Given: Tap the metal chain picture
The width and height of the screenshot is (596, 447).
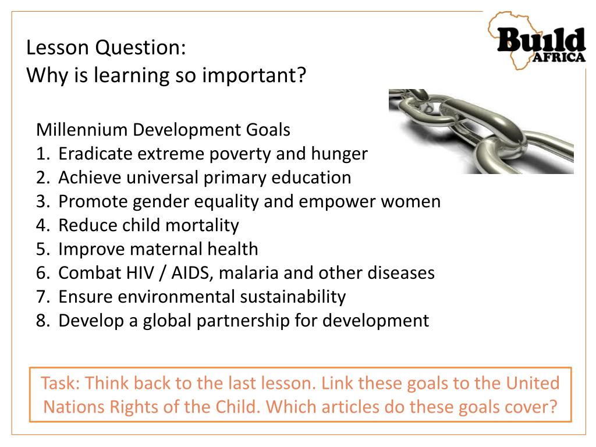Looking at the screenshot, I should pos(481,131).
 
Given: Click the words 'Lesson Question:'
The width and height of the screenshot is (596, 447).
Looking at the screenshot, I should pos(106,48).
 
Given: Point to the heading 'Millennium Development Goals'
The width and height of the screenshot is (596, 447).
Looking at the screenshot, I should pos(163,129).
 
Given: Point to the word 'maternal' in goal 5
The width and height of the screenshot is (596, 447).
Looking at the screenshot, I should pos(167,249).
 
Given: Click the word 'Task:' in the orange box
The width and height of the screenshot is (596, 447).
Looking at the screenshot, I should pos(61,384).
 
